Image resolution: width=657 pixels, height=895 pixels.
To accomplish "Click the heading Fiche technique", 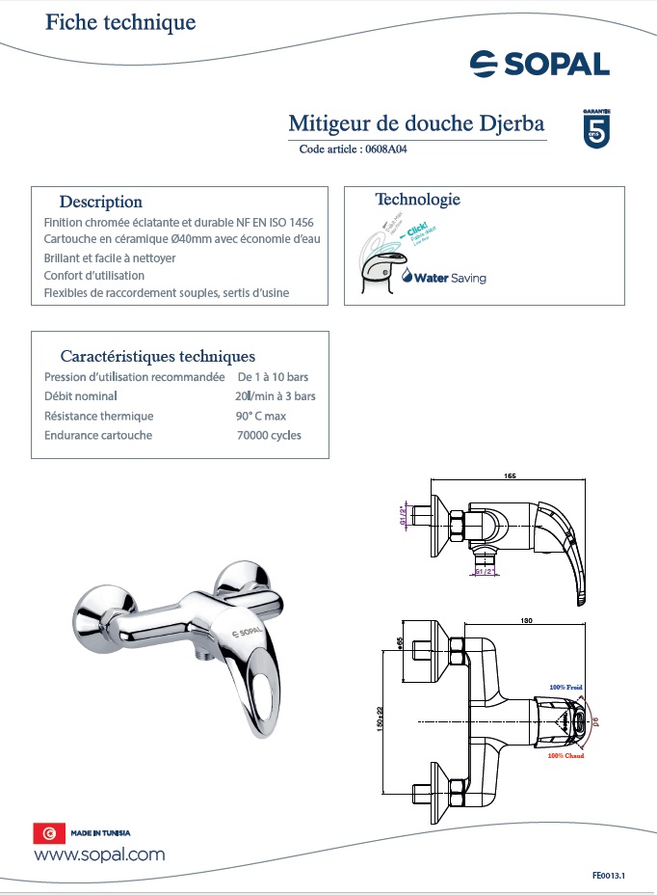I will pyautogui.click(x=120, y=22).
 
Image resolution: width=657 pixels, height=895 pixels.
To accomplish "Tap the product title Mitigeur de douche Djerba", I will pyautogui.click(x=416, y=123).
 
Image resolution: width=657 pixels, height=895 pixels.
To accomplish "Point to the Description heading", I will pyautogui.click(x=100, y=202).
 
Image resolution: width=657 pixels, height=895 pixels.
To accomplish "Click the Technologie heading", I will pyautogui.click(x=417, y=200).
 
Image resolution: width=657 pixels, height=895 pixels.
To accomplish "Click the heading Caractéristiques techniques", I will pyautogui.click(x=157, y=356).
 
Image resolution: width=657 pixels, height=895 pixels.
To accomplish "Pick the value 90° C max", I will pyautogui.click(x=261, y=416).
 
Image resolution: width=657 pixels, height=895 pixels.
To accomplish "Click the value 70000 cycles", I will pyautogui.click(x=269, y=435).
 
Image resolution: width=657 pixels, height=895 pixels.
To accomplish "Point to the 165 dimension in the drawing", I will pyautogui.click(x=510, y=475).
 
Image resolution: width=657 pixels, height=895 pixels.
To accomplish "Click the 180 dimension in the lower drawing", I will pyautogui.click(x=526, y=621).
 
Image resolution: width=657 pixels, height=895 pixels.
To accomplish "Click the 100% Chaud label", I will pyautogui.click(x=565, y=756).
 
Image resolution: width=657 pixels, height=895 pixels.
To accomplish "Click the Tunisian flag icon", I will pyautogui.click(x=47, y=833).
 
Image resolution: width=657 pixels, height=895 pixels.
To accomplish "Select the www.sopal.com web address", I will pyautogui.click(x=99, y=854).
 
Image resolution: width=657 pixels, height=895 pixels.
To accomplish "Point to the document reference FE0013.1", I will pyautogui.click(x=609, y=876).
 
